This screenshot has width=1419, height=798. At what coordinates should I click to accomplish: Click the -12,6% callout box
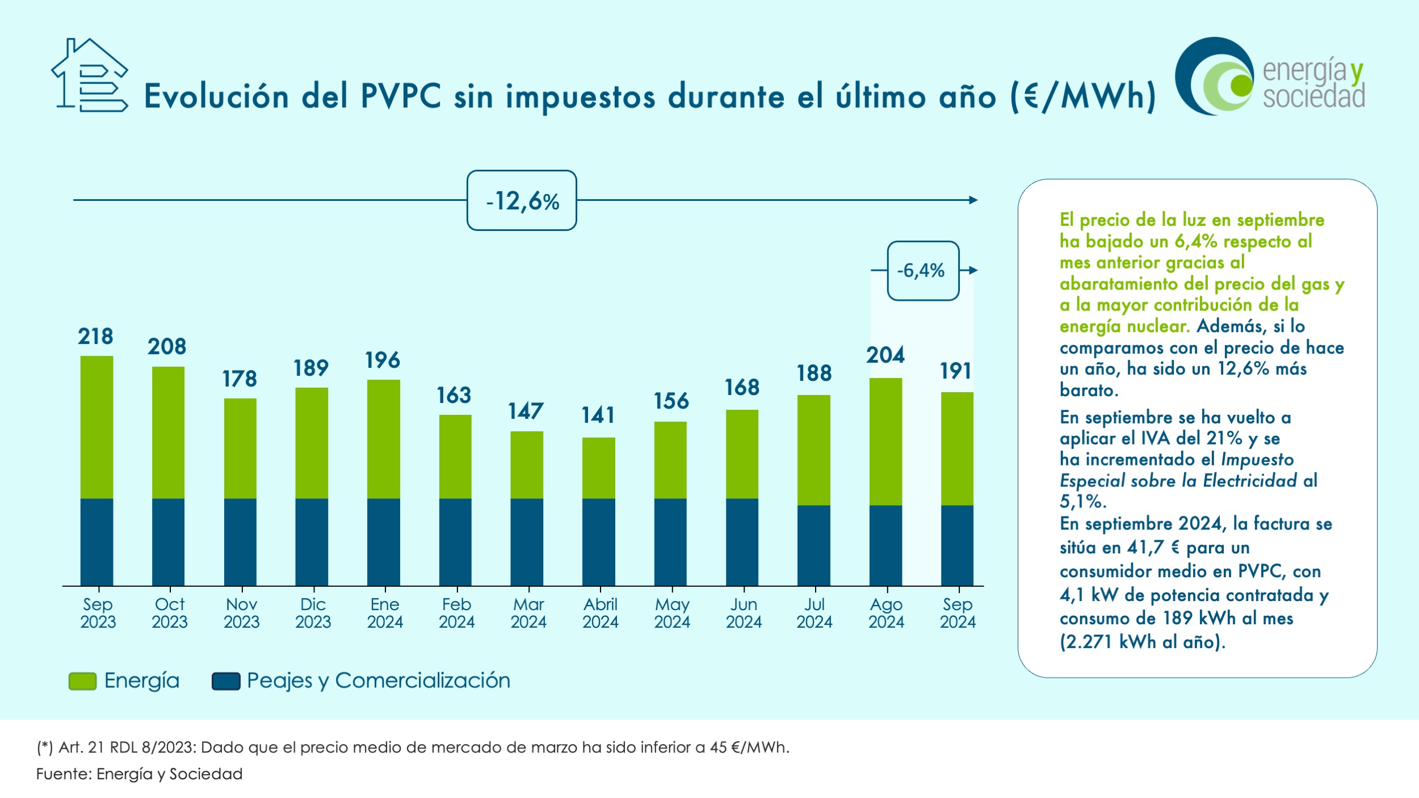(522, 200)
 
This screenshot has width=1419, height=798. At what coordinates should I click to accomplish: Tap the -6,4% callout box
(923, 271)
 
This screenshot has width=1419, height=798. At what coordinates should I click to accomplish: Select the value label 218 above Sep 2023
(96, 337)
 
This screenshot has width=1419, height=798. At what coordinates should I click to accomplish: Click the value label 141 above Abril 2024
(598, 415)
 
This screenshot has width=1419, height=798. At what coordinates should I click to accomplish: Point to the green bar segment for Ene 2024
(384, 439)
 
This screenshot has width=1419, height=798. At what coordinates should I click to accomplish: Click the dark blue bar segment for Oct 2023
(168, 541)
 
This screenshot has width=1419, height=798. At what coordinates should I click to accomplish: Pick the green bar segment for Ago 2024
(885, 442)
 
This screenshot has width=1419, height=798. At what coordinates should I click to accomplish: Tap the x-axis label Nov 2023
(241, 613)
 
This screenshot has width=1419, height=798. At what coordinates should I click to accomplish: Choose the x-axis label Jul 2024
(814, 613)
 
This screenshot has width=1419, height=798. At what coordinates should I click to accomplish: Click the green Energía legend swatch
(82, 681)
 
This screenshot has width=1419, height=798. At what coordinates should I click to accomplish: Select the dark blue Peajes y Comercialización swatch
(226, 681)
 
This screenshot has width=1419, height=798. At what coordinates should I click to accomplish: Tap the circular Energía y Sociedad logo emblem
(1215, 77)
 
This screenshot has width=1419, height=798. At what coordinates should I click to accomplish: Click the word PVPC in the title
(401, 96)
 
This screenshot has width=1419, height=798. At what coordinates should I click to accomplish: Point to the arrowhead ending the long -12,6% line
(973, 200)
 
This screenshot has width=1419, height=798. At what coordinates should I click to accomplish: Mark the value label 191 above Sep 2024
(956, 371)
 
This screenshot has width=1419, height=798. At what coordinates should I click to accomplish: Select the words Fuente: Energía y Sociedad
(140, 774)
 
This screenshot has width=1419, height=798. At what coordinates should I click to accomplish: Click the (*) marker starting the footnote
(45, 747)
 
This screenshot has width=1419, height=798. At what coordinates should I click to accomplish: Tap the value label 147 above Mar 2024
(526, 411)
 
